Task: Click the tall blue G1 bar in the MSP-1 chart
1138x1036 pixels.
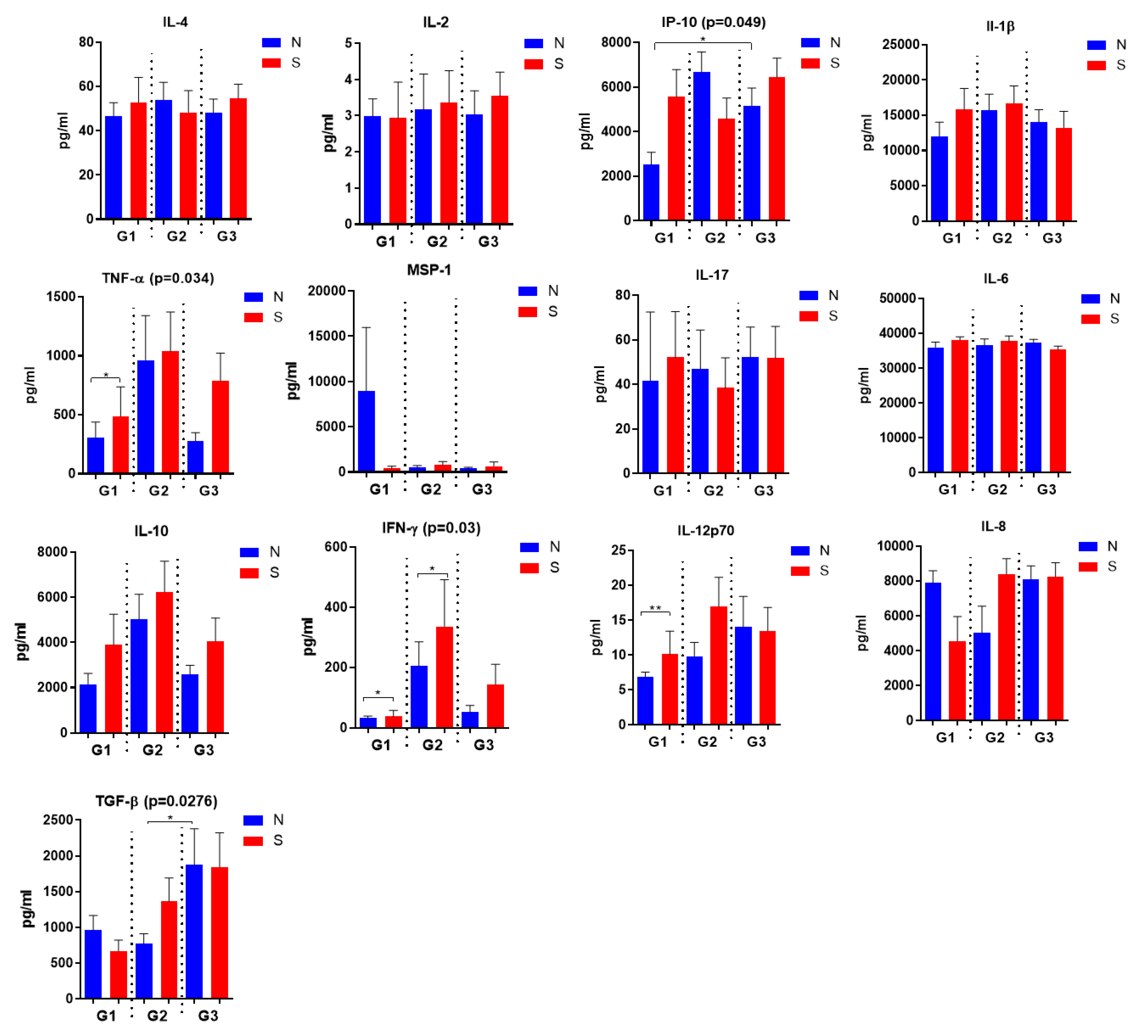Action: coord(366,431)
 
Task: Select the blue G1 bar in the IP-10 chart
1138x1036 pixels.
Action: coord(651,192)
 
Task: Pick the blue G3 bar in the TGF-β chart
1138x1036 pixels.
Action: coord(194,931)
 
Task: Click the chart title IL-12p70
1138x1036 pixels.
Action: coord(706,530)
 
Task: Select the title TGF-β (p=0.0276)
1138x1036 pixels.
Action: coord(156,801)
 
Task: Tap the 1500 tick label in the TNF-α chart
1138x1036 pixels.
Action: coord(61,297)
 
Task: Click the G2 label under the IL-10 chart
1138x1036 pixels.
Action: coord(153,750)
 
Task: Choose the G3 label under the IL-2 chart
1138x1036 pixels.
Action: coord(488,242)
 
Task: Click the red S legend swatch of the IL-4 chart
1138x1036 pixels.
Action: coord(272,63)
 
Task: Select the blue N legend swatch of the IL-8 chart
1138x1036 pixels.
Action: coord(1087,546)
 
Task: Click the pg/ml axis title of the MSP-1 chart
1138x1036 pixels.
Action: coord(292,381)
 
